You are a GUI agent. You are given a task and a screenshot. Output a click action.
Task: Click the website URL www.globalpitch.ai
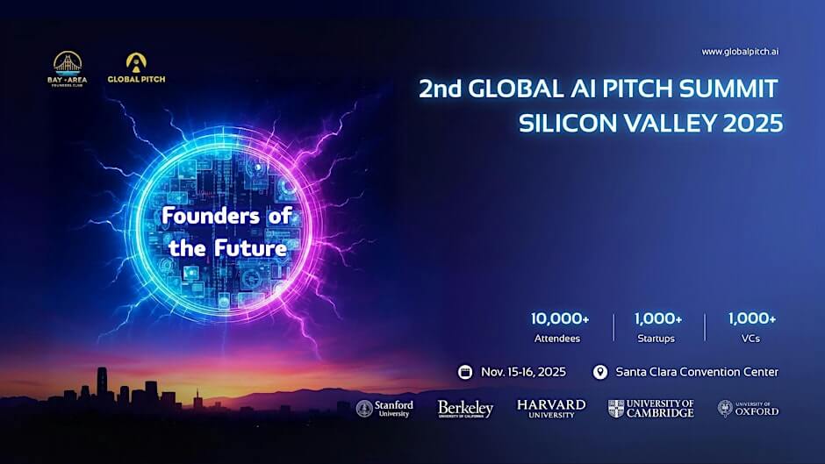click(x=740, y=52)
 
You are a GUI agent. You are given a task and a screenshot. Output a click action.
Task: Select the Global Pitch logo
click(x=136, y=68)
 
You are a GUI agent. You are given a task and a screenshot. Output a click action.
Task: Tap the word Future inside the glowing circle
click(x=254, y=248)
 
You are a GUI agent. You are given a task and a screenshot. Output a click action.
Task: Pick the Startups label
click(x=659, y=338)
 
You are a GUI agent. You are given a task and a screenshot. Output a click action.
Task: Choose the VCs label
click(x=752, y=338)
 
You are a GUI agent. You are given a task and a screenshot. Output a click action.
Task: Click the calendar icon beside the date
click(x=465, y=372)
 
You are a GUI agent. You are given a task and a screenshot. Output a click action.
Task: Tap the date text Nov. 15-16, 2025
click(x=523, y=372)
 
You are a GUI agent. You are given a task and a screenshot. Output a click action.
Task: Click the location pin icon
click(x=600, y=372)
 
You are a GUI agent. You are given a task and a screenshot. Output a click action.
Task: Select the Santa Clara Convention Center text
click(x=697, y=372)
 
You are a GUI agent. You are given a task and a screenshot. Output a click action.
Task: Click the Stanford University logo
click(x=384, y=409)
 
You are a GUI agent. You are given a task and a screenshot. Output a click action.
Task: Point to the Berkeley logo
click(x=465, y=409)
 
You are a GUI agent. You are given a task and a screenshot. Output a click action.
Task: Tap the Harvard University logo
click(x=551, y=409)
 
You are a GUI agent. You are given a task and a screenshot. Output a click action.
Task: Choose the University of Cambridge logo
click(x=650, y=409)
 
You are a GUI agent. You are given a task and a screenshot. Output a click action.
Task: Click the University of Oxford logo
click(x=748, y=409)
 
